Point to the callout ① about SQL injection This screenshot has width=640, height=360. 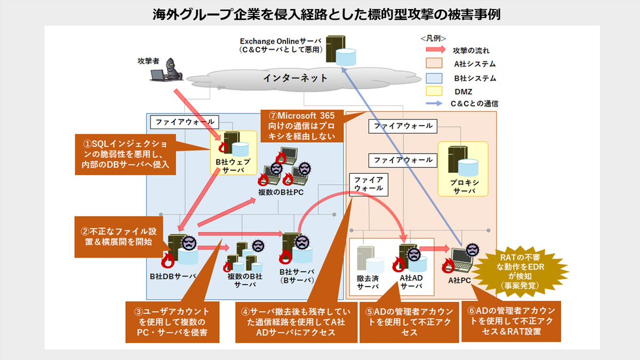pyautogui.click(x=126, y=154)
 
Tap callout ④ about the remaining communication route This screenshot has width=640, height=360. pyautogui.click(x=296, y=322)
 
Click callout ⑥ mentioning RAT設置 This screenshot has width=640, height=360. pyautogui.click(x=511, y=322)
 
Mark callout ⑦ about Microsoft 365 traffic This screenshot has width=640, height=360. pyautogui.click(x=300, y=126)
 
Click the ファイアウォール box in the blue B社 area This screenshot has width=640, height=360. pyautogui.click(x=177, y=122)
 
